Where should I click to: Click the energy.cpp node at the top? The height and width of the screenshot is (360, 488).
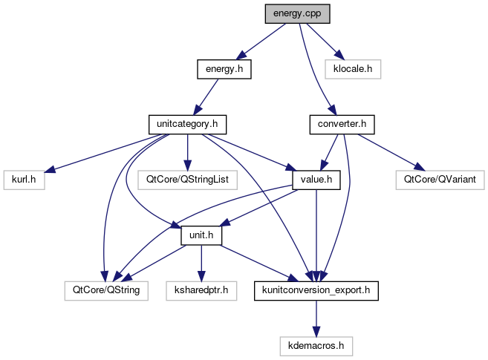tap(297, 13)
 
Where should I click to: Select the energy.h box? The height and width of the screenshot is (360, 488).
tap(224, 69)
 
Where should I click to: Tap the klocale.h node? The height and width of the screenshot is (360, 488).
tap(353, 69)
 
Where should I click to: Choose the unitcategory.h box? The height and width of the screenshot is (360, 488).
tap(186, 124)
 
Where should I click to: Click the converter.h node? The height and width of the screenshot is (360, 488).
tap(341, 124)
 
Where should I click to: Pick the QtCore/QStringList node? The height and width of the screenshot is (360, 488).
tap(187, 180)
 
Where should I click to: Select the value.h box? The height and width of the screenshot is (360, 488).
tap(316, 180)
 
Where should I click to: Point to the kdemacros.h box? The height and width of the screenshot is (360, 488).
tap(316, 345)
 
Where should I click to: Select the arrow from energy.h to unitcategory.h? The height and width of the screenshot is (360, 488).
tap(205, 96)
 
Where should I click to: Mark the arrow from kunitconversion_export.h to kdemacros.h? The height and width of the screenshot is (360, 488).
tap(316, 318)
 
